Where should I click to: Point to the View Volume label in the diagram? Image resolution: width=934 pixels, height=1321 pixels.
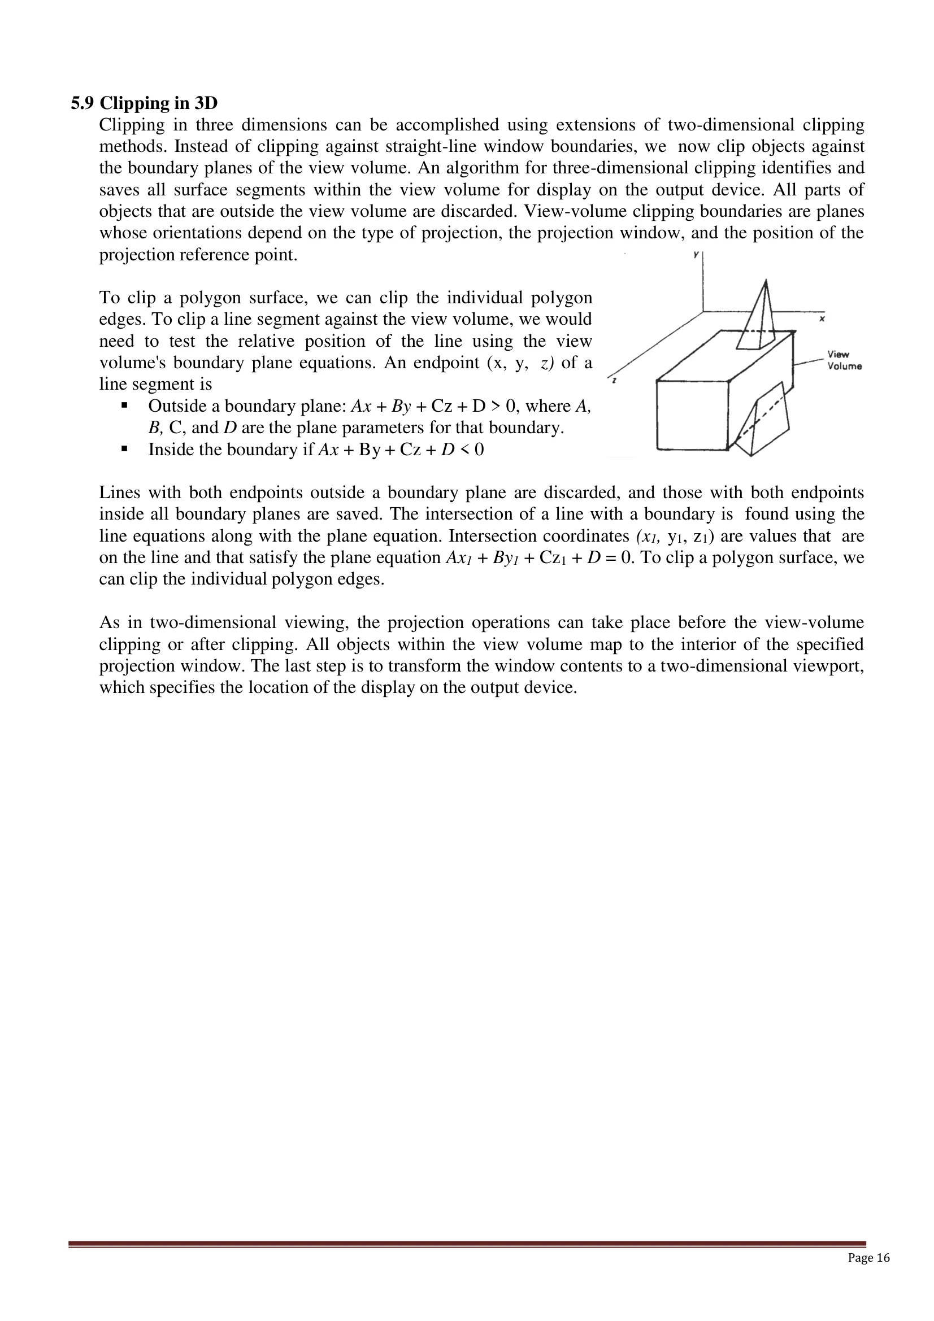point(844,361)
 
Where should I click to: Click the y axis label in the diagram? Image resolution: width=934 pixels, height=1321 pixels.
point(696,254)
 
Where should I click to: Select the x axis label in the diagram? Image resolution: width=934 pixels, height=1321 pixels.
point(822,318)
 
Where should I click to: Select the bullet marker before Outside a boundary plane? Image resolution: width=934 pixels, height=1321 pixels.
point(124,406)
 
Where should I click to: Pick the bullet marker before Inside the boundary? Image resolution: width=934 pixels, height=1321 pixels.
point(124,450)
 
